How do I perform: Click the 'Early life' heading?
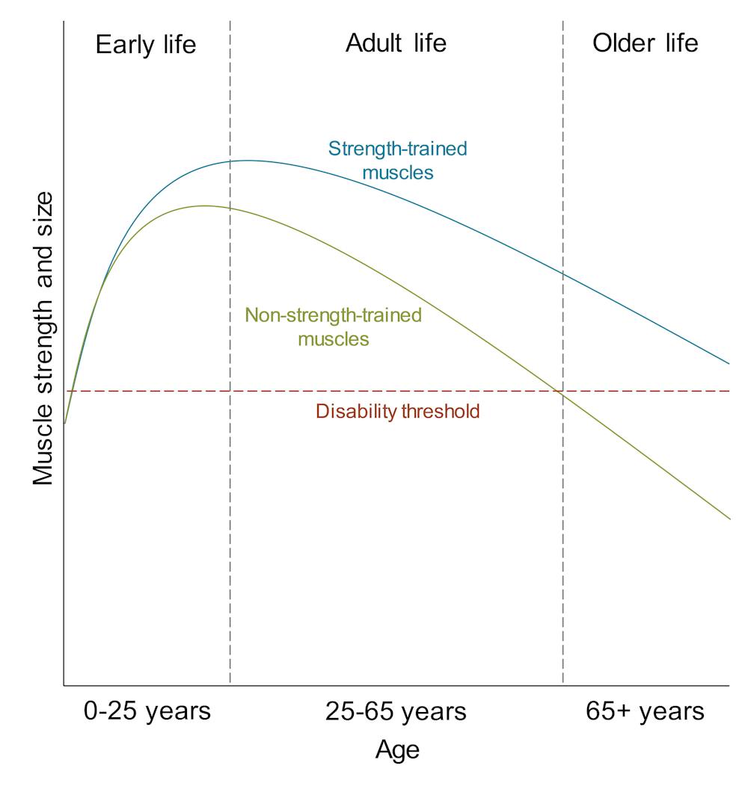146,45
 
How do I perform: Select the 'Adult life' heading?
396,43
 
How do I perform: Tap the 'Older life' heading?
645,43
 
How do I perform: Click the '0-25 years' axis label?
147,711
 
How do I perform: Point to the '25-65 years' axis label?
396,711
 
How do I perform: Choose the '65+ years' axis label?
645,711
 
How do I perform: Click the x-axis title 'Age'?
397,749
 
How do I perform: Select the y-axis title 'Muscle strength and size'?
43,338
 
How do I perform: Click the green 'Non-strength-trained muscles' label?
334,327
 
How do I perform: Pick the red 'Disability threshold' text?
397,411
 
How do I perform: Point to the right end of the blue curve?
729,364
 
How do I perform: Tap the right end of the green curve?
729,519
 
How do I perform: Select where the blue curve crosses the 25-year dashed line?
230,161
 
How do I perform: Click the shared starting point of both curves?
65,423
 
